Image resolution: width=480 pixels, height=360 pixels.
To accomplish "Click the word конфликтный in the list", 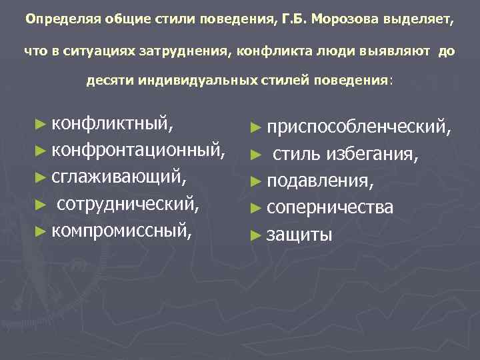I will point(113,124).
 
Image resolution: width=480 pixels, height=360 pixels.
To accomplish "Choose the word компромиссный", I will point(122,231).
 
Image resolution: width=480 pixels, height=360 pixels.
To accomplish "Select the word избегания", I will point(372,155).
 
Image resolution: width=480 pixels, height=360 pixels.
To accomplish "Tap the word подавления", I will point(319,181).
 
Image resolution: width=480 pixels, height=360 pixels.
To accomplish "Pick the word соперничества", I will point(329,207).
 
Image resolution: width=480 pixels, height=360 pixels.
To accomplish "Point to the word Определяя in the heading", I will point(55,19).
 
